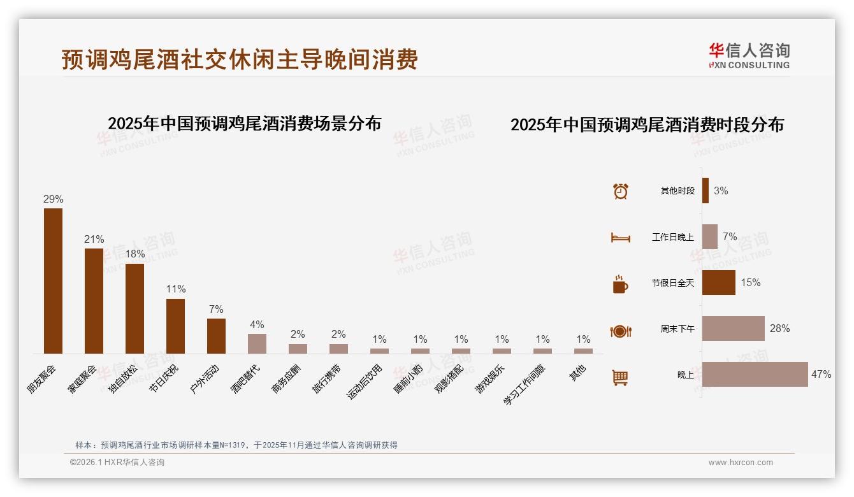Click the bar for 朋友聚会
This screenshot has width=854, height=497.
53,280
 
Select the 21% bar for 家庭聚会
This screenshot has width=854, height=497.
94,301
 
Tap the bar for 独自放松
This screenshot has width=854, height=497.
134,308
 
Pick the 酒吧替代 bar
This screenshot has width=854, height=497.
257,343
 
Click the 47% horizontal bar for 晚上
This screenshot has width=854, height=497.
755,374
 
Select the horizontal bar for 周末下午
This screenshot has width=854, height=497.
733,328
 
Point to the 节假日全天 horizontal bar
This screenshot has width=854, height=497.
718,282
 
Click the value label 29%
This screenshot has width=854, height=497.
53,199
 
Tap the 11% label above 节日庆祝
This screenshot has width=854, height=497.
175,289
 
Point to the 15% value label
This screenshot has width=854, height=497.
750,282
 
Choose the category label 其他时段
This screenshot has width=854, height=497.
677,191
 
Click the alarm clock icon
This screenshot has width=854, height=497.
620,191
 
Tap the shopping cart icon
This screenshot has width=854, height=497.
620,377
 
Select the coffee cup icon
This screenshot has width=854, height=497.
620,284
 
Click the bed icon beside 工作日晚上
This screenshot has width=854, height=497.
620,238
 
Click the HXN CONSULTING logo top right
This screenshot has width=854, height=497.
749,56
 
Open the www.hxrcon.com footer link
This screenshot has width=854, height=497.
741,463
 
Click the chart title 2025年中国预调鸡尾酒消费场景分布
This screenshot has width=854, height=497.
244,123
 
